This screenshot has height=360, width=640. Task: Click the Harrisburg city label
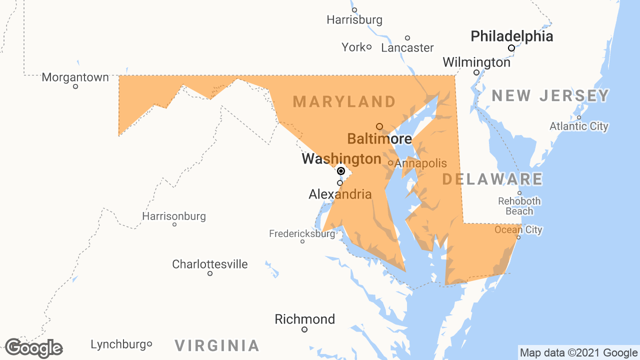tap(354, 20)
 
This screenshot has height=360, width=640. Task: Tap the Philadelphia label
tap(512, 36)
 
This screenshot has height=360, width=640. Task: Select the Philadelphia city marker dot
tap(511, 48)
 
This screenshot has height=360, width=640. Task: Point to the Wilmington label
tap(476, 62)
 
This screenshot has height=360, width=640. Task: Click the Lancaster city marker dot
tap(407, 38)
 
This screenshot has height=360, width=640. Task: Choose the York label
tap(353, 47)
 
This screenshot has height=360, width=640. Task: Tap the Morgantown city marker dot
tap(75, 86)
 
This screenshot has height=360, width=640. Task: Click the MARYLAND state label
tap(344, 102)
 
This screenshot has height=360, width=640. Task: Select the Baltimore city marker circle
tap(379, 126)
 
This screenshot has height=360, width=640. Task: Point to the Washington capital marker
tap(341, 171)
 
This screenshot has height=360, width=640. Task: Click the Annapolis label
tap(420, 163)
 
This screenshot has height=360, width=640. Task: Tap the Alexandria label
tap(340, 194)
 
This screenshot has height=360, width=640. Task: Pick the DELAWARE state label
tap(492, 179)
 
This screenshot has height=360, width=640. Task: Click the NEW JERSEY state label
tap(550, 95)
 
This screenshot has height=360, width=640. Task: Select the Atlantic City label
tap(579, 126)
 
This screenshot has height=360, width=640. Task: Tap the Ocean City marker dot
tap(518, 237)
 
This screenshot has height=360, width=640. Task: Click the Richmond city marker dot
tap(304, 329)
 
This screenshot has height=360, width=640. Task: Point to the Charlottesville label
tap(210, 264)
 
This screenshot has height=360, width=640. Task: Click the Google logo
tap(33, 348)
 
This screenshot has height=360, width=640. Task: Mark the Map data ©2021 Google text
tap(578, 352)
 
